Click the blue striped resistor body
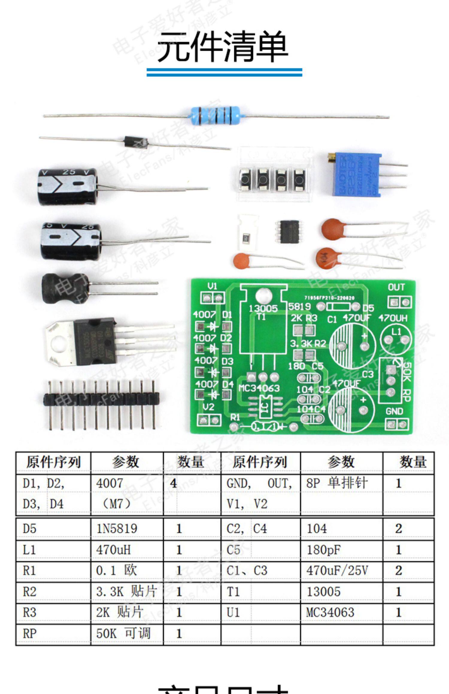pos(216,115)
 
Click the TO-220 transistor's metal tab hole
pos(59,344)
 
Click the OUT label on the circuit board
pos(396,288)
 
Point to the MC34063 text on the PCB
pos(259,388)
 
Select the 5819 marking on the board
pos(299,306)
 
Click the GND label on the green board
pos(394,412)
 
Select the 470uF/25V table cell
pos(337,571)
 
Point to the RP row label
pos(30,633)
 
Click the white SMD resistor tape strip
pos(247,232)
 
